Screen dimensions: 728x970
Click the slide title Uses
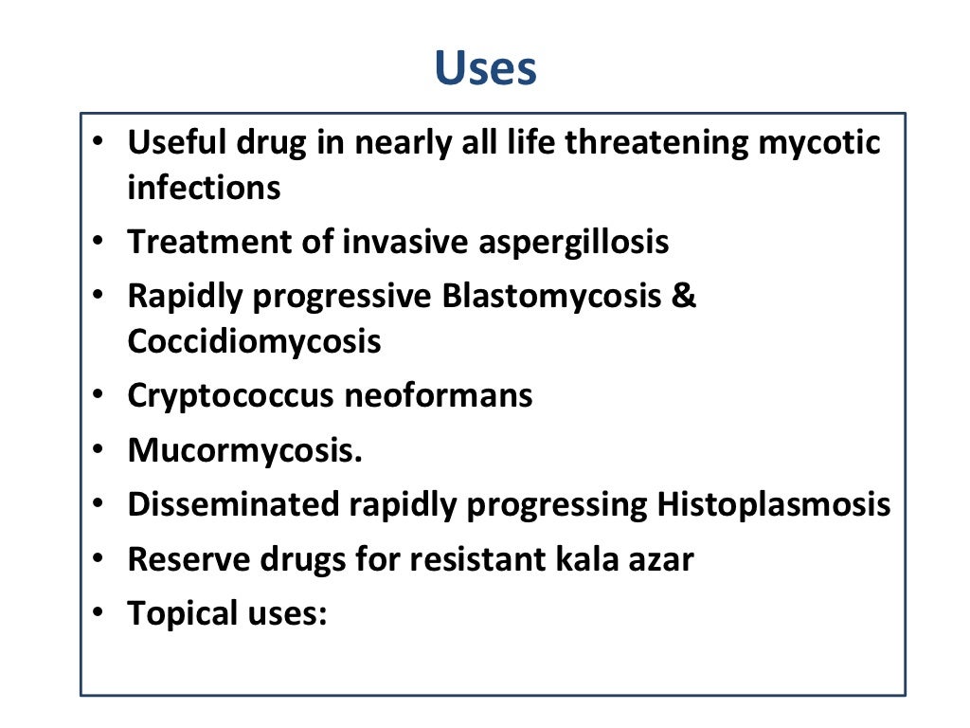point(485,68)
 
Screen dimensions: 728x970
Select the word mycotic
point(820,142)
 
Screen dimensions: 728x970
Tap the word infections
point(204,188)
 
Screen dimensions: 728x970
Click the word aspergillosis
point(567,243)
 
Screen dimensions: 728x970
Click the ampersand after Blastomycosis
point(684,296)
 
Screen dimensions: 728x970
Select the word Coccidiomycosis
point(254,341)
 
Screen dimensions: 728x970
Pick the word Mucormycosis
point(244,451)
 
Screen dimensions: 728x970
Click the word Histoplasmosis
point(774,505)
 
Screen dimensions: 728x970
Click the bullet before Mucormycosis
point(99,451)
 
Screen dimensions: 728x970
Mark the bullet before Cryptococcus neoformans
point(99,396)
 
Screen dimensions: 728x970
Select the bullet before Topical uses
point(99,614)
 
